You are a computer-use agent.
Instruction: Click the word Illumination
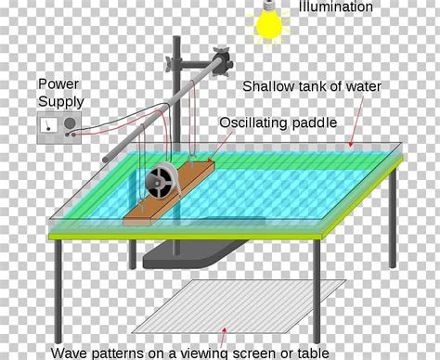click(336, 7)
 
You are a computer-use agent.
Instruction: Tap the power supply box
click(57, 128)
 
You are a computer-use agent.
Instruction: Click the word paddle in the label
click(315, 122)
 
